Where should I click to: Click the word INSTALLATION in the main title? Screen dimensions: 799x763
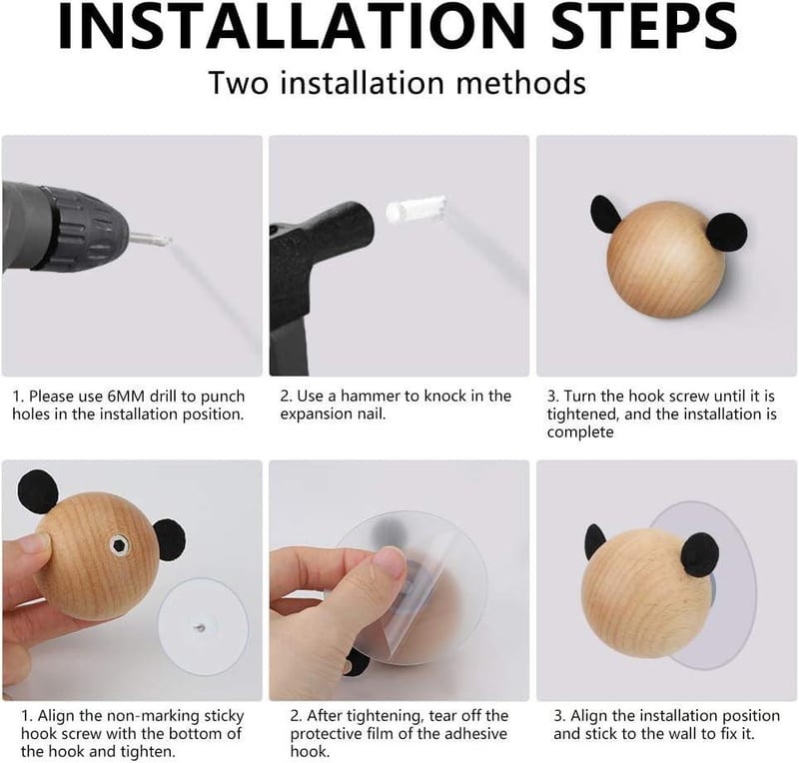(292, 26)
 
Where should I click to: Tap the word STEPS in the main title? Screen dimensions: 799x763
(644, 26)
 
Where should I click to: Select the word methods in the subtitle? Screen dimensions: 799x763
(520, 83)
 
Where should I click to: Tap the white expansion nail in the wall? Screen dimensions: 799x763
(415, 208)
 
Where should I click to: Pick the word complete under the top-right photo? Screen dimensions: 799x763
(580, 432)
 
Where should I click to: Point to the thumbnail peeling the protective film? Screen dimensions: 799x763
(388, 562)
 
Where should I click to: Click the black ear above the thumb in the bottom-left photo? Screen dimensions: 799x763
(38, 492)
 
